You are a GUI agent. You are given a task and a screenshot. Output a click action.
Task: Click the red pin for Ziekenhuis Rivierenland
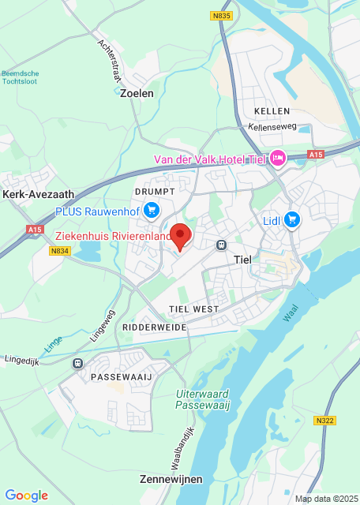pos(182,236)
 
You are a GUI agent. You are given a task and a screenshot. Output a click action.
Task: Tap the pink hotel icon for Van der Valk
pos(277,159)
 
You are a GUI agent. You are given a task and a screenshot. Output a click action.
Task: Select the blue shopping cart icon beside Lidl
pos(292,219)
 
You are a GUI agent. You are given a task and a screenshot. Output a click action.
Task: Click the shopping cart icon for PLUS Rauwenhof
pos(152,210)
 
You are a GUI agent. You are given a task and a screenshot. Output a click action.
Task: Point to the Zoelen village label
pos(137,92)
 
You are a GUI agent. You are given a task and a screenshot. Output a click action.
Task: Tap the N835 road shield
pos(223,15)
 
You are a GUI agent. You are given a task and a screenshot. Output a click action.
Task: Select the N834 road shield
pos(58,251)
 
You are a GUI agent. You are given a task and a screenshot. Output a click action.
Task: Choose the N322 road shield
pos(324,421)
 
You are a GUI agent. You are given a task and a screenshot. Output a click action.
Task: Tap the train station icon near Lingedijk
pos(77,363)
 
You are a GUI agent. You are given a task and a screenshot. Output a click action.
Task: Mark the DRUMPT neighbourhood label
pos(153,192)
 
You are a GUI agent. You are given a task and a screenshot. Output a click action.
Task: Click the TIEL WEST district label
pos(193,308)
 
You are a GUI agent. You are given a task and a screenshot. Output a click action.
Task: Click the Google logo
pos(26,495)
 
